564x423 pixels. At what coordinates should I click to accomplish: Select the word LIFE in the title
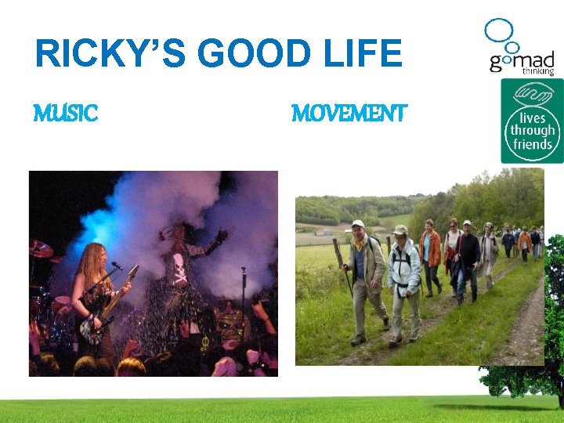pyautogui.click(x=365, y=54)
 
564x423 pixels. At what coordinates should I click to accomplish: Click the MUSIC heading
pyautogui.click(x=66, y=114)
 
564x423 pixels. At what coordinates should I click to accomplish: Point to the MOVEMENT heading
pyautogui.click(x=349, y=114)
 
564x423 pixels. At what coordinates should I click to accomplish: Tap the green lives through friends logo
pyautogui.click(x=532, y=121)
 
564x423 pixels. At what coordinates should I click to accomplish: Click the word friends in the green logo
pyautogui.click(x=532, y=144)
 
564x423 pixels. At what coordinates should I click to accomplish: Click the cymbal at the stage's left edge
pyautogui.click(x=41, y=249)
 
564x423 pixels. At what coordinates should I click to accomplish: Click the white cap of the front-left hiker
pyautogui.click(x=358, y=223)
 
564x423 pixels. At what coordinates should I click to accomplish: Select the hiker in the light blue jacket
pyautogui.click(x=404, y=274)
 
